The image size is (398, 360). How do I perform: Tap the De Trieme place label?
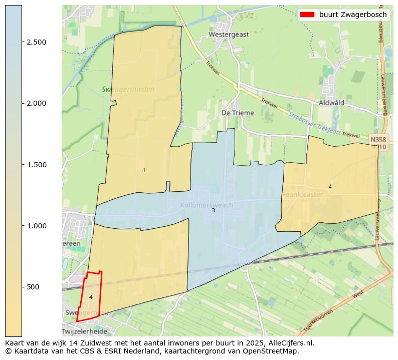click(238, 113)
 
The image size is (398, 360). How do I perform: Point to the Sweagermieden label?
click(128, 90)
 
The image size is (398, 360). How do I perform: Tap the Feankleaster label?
click(302, 194)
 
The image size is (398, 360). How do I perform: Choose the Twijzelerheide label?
click(85, 331)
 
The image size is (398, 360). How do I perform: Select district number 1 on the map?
click(144, 171)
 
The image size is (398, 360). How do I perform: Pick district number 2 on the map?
click(330, 186)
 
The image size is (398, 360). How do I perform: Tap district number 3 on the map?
click(213, 210)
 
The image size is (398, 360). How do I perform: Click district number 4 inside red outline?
click(91, 297)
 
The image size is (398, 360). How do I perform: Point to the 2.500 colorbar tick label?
click(37, 42)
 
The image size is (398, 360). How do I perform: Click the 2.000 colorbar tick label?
click(37, 103)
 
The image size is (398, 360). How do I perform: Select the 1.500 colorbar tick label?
click(37, 165)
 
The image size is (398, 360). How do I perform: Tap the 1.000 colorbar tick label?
click(37, 226)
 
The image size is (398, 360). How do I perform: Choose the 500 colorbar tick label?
click(34, 287)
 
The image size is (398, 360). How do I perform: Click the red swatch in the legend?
click(307, 15)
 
